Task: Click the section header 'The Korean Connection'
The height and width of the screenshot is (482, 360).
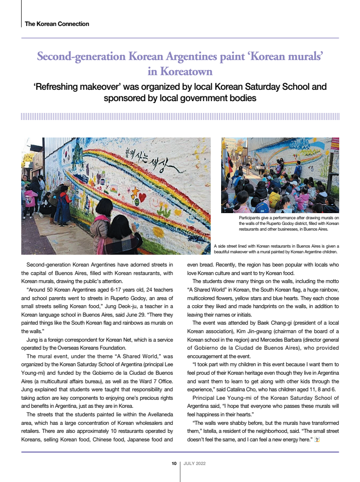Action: [x=57, y=24]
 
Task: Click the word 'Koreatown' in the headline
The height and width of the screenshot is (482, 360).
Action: [x=180, y=72]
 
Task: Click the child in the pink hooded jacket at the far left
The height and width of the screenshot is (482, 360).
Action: [x=30, y=199]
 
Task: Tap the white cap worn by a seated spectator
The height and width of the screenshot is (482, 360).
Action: [x=294, y=183]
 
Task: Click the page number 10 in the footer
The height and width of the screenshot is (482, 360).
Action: [x=174, y=464]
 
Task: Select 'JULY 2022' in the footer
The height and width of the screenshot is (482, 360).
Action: [x=195, y=464]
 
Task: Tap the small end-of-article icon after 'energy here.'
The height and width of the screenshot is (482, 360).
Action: [x=317, y=440]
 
